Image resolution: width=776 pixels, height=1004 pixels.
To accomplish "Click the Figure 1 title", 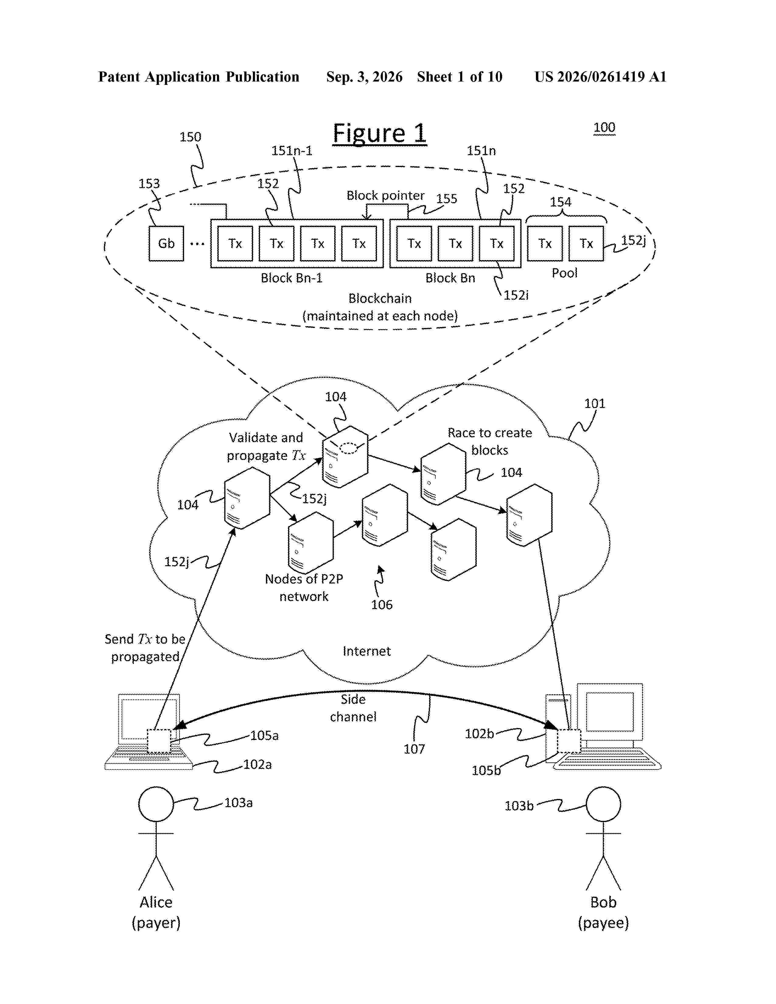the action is coord(380,134).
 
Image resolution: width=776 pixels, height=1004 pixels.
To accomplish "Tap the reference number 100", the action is coord(604,127).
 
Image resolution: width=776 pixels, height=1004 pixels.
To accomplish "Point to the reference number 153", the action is coord(149,183).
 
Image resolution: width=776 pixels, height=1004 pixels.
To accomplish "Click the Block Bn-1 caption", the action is coord(292,278).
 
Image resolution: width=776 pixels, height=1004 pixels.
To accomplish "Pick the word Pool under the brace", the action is coord(564,273).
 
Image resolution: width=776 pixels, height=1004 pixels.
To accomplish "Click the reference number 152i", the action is coord(516,295).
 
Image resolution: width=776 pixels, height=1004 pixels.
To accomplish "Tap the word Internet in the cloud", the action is coord(366,651).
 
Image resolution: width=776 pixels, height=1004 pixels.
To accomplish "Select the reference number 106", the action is coord(382,605).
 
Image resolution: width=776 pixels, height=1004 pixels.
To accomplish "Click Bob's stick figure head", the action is coord(603,804).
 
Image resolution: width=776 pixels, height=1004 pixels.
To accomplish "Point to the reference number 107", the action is coord(414,749).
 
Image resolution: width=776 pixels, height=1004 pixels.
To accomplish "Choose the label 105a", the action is coord(264,736).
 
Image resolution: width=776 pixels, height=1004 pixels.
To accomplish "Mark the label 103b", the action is coord(519,806).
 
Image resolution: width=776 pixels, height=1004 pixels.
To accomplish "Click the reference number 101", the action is coord(594,404).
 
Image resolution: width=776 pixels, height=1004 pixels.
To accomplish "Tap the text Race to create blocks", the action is coord(490,441).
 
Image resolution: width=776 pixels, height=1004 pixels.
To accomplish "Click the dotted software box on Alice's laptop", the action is coord(159,741).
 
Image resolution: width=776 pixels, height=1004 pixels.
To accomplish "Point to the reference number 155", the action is coord(446,199).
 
